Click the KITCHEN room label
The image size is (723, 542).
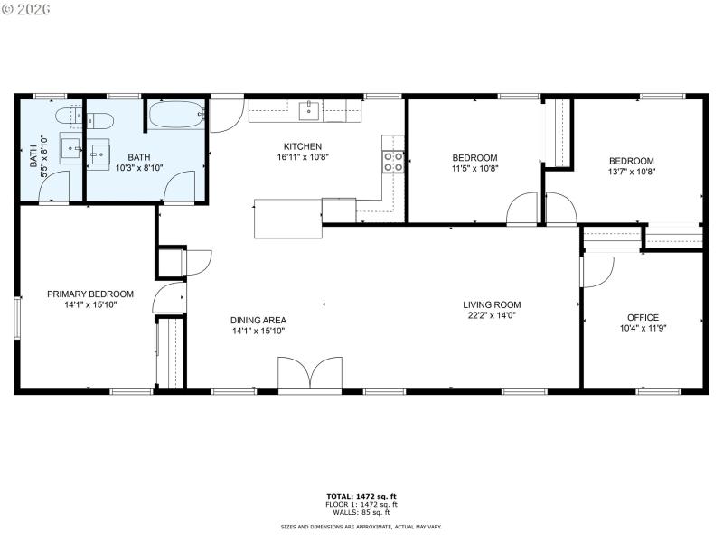(x=302, y=146)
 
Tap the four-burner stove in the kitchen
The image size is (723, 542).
(x=394, y=162)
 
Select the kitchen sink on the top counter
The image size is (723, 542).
(x=309, y=111)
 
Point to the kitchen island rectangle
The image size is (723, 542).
(x=288, y=219)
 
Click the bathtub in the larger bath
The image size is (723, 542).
(x=176, y=115)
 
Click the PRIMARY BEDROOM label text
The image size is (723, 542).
(x=90, y=294)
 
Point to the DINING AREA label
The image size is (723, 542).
(x=258, y=320)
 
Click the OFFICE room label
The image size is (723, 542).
(x=643, y=317)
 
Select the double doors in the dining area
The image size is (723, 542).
(x=310, y=374)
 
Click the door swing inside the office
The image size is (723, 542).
(x=596, y=272)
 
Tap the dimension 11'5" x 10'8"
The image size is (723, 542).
(x=474, y=168)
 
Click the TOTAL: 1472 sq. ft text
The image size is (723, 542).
(x=361, y=497)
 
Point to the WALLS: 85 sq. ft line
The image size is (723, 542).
(x=361, y=511)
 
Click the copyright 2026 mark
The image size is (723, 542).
(x=26, y=8)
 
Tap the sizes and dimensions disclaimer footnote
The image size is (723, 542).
(x=361, y=527)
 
